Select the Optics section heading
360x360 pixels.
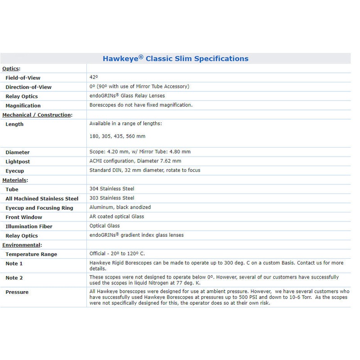coord(12,68)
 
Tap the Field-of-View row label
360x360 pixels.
coord(22,78)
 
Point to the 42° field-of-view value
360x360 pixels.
coord(93,77)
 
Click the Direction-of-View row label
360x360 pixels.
coord(28,87)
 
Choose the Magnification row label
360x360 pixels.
coord(23,106)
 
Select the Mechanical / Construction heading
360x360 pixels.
coord(37,115)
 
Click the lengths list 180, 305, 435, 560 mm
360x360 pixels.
coord(117,136)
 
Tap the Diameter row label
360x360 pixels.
coord(18,152)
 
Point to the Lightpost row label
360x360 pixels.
coord(18,161)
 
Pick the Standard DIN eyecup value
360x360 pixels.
coord(144,170)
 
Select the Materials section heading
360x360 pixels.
coord(15,180)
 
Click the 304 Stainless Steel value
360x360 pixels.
coord(112,189)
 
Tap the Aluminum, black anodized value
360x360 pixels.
coord(120,207)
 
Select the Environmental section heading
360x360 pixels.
coord(22,245)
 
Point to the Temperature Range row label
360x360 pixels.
coord(31,254)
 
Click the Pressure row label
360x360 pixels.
coord(17,292)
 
